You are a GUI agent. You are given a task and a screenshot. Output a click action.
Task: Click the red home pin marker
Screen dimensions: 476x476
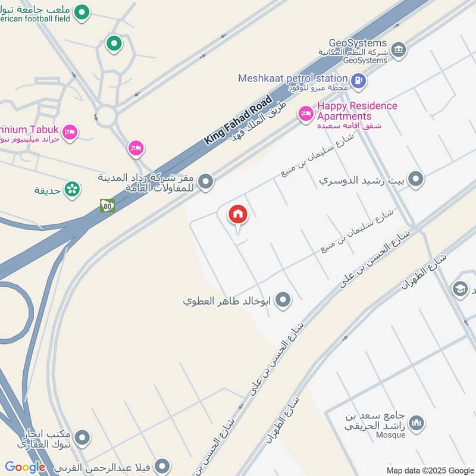[x=238, y=215]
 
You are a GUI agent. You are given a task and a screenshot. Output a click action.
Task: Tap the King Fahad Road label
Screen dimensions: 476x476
[x=237, y=120]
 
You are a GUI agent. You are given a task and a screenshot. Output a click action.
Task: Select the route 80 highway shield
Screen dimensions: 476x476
[x=107, y=206]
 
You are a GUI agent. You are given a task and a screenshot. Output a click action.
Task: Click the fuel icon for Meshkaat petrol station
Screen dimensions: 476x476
[x=358, y=80]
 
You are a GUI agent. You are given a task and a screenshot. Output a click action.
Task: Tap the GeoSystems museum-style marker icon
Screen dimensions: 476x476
[x=399, y=49]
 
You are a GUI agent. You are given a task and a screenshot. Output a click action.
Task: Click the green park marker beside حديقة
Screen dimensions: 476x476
[x=73, y=189]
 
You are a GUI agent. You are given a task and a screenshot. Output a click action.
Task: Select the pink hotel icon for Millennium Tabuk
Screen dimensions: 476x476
[x=70, y=131]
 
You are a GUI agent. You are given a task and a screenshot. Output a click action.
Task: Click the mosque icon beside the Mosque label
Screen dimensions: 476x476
[x=417, y=423]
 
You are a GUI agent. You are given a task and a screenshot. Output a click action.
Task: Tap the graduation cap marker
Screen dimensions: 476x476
[x=460, y=289]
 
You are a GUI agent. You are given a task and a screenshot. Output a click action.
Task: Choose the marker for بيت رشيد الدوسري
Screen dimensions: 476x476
[x=416, y=178]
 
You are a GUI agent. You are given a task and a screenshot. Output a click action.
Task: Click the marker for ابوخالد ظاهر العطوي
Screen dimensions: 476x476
[x=284, y=300]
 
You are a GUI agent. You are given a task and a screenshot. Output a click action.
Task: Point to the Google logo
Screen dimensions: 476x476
[x=25, y=467]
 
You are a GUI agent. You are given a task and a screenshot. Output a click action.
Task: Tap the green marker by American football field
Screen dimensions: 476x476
[x=83, y=11]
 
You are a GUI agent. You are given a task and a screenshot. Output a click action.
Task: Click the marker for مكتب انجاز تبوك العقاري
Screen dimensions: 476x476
[x=83, y=439]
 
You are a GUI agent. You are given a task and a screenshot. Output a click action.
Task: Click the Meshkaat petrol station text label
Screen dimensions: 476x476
[x=293, y=78]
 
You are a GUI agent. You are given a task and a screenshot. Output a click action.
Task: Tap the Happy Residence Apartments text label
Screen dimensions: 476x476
[x=357, y=111]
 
